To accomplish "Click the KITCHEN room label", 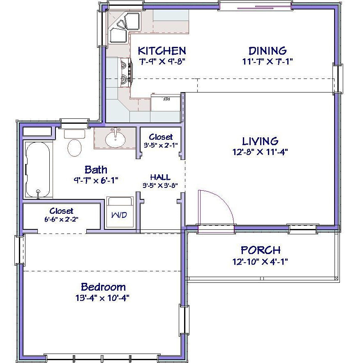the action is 162,51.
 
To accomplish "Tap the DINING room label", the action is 268,51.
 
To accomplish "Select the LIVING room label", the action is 260,141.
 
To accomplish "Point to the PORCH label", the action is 261,250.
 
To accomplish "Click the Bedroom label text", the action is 103,287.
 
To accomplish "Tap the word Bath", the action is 96,170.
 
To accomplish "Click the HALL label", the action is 160,177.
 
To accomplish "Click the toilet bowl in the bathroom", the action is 74,148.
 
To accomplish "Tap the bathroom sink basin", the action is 115,140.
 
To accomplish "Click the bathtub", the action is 38,170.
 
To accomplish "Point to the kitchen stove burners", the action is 125,72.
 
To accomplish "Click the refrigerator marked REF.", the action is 166,103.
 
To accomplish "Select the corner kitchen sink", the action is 125,28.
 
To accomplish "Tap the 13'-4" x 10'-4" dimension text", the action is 102,298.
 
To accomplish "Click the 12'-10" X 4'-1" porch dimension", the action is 260,261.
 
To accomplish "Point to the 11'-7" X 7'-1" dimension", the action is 268,62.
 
